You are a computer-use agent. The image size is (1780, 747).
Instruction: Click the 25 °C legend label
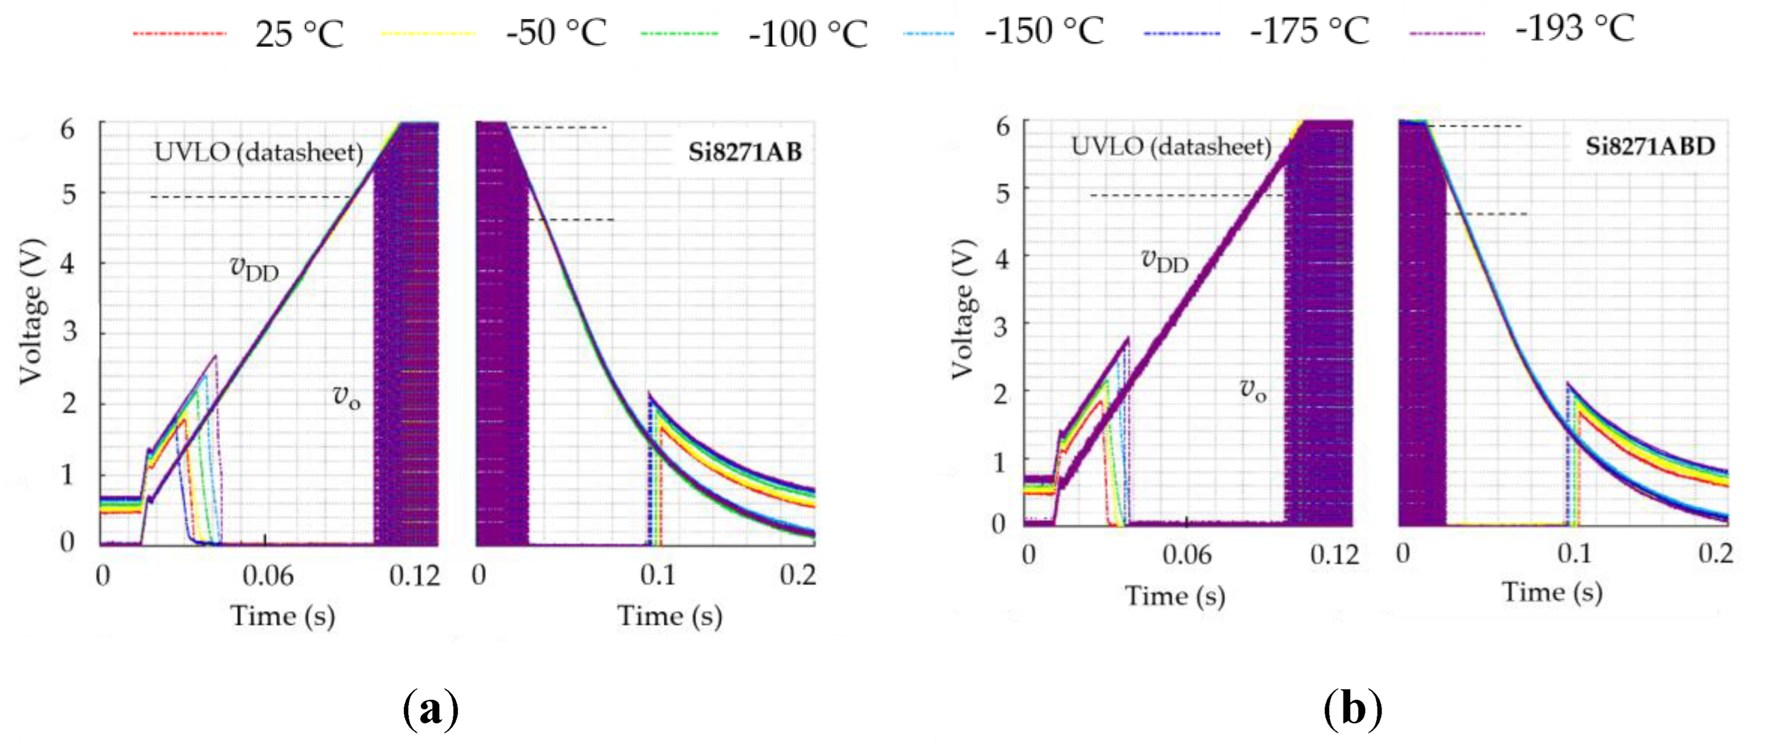tap(299, 33)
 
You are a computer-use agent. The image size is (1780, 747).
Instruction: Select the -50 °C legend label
tap(556, 32)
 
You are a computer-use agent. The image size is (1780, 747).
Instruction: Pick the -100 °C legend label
tap(808, 33)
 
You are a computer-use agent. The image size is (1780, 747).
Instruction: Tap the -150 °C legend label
tap(1044, 31)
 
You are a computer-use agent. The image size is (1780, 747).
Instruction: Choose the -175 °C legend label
tap(1310, 31)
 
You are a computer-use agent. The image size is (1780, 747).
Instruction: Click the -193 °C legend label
tap(1575, 29)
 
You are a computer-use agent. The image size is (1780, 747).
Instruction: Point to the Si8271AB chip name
tap(744, 152)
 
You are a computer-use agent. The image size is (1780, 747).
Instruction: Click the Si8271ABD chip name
tap(1649, 146)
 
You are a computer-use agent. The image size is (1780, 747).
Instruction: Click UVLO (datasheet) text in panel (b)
tap(1171, 146)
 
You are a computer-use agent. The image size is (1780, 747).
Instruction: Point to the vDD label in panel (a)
tap(254, 268)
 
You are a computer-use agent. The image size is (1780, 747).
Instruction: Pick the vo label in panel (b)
tap(1252, 390)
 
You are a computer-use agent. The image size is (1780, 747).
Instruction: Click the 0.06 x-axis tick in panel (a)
tap(267, 575)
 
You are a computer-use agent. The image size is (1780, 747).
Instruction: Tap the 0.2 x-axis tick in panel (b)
tap(1715, 553)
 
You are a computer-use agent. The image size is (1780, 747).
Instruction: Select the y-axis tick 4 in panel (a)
tap(68, 263)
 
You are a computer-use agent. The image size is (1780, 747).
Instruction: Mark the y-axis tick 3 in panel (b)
tap(1000, 326)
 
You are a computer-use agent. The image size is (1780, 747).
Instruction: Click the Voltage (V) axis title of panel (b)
tap(963, 309)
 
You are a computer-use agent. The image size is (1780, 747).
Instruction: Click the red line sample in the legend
tap(180, 33)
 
